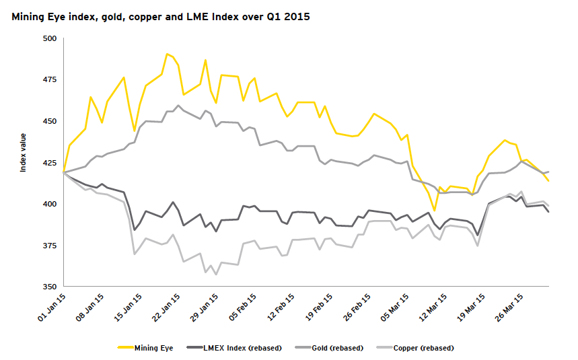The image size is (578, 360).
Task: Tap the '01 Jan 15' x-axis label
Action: coord(51,306)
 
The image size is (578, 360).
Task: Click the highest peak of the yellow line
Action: coord(167,54)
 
